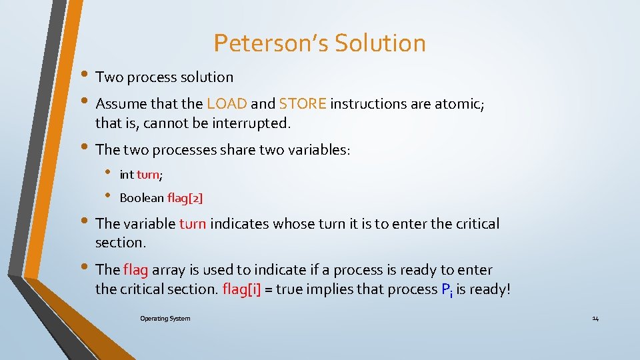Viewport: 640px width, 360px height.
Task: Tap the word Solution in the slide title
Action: pos(380,43)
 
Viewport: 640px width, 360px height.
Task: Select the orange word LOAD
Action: pos(227,104)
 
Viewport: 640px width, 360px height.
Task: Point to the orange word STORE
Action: pos(303,104)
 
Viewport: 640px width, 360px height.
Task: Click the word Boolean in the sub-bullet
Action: pos(141,198)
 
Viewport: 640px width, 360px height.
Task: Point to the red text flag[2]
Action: pos(185,198)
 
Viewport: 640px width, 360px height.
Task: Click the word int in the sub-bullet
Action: pos(126,175)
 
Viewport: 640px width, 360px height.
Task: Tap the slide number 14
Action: pos(595,319)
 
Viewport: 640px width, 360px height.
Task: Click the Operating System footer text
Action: pos(165,319)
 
